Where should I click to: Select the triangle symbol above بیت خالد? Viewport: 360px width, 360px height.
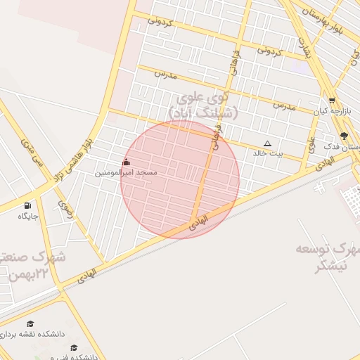(267, 143)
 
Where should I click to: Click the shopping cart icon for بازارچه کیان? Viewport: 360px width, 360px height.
(332, 101)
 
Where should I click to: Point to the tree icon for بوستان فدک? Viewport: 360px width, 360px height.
(343, 136)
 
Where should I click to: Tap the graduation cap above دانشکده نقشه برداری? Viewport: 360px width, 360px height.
(30, 323)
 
